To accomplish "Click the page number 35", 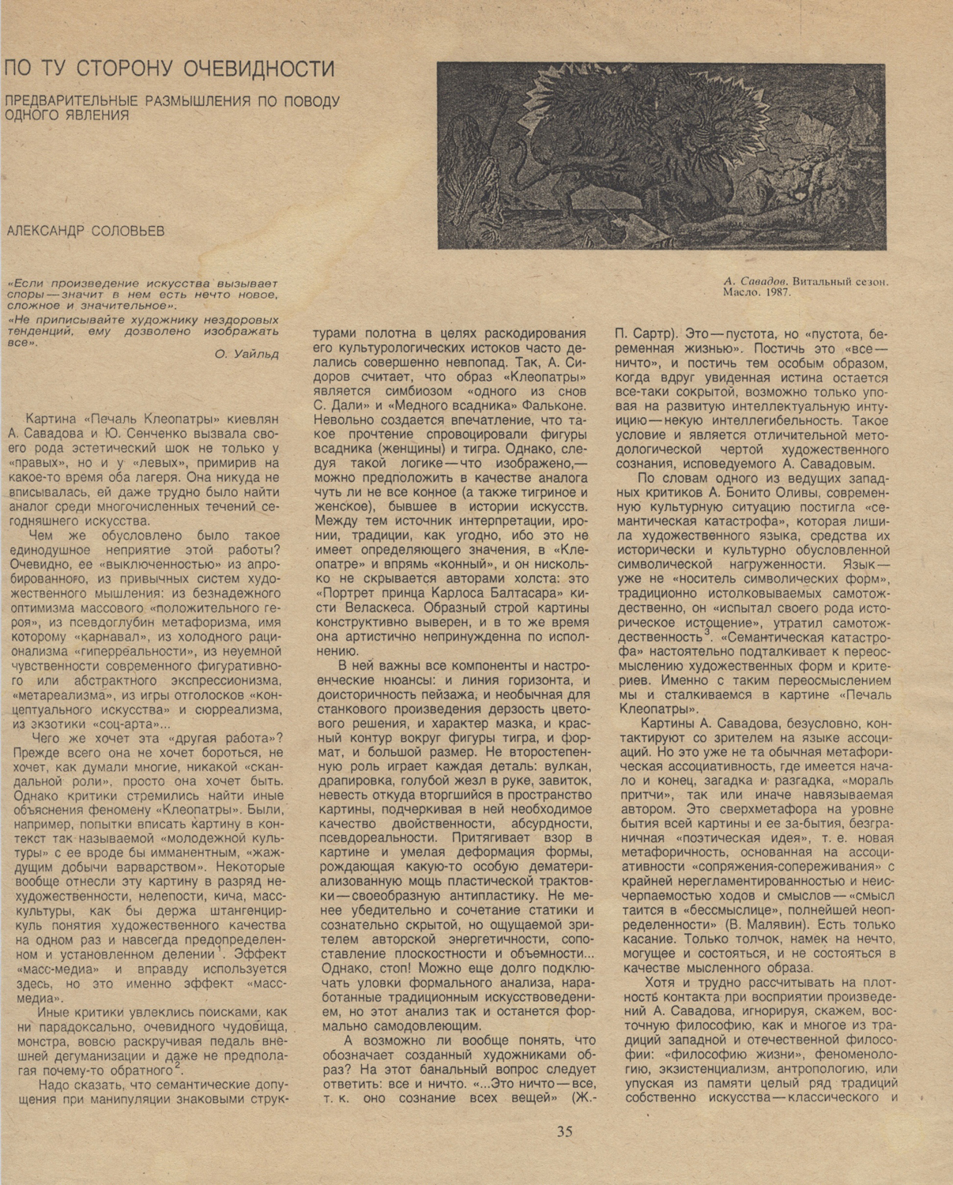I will point(564,1130).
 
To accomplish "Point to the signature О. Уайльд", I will point(247,354).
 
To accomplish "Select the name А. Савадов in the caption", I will point(755,280).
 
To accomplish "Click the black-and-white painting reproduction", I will point(661,156).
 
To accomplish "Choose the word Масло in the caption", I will point(738,292).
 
